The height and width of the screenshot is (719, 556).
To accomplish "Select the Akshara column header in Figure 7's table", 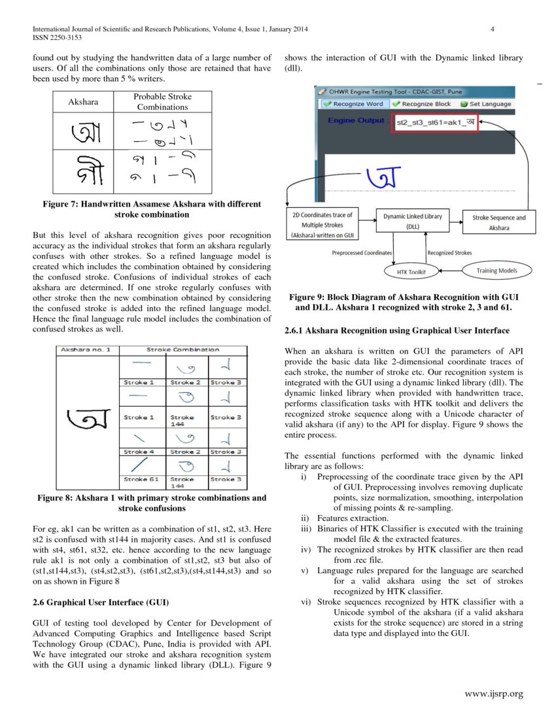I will tap(83, 102).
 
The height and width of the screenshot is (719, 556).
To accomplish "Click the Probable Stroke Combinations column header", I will tap(162, 101).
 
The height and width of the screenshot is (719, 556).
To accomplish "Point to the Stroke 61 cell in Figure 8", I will tap(141, 479).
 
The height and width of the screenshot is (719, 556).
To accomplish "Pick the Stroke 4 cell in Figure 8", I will tap(139, 452).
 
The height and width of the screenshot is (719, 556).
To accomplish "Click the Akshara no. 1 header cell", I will tap(86, 350).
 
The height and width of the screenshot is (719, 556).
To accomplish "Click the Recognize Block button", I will tap(422, 104).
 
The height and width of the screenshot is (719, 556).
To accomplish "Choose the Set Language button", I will tap(486, 104).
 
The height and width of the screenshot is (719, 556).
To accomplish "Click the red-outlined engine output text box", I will tap(434, 122).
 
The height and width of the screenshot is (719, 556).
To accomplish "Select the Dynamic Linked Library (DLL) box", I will tap(412, 221).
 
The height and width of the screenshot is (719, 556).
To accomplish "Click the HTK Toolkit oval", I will tap(411, 271).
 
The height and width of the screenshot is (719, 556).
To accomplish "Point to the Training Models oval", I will tap(496, 270).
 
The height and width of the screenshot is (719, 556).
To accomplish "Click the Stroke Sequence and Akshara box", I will tap(498, 222).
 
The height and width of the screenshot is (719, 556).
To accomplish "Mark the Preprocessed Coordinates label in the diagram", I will tap(362, 252).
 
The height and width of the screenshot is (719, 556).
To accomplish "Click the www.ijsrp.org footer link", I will tap(493, 694).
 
